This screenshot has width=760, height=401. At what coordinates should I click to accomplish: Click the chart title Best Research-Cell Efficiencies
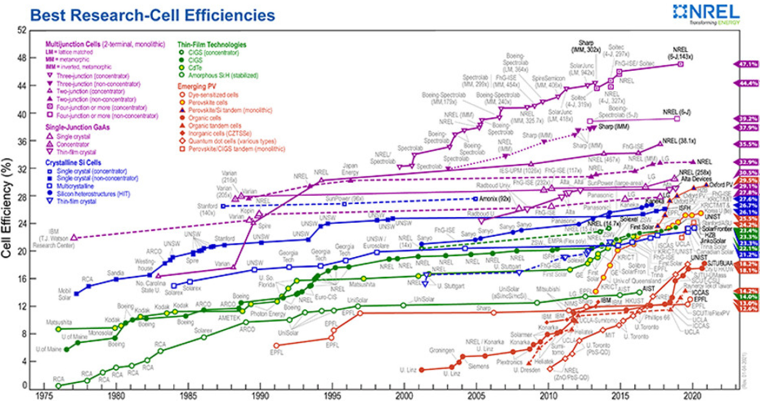152,15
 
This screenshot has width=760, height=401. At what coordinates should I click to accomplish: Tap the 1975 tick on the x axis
44,395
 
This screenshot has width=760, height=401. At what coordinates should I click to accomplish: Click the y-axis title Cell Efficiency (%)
7,208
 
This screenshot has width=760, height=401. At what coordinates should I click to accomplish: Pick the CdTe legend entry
195,68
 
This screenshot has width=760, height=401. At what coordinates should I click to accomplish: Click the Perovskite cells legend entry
207,102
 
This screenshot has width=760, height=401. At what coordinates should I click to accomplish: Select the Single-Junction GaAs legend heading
77,127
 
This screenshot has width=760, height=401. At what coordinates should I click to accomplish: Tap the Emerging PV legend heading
196,86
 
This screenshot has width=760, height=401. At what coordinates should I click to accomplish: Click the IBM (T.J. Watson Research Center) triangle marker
74,237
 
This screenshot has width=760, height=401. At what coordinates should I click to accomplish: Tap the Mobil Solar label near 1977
64,294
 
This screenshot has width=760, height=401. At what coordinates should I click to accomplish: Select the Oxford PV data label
721,184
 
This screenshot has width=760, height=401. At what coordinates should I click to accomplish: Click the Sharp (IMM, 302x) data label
586,46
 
